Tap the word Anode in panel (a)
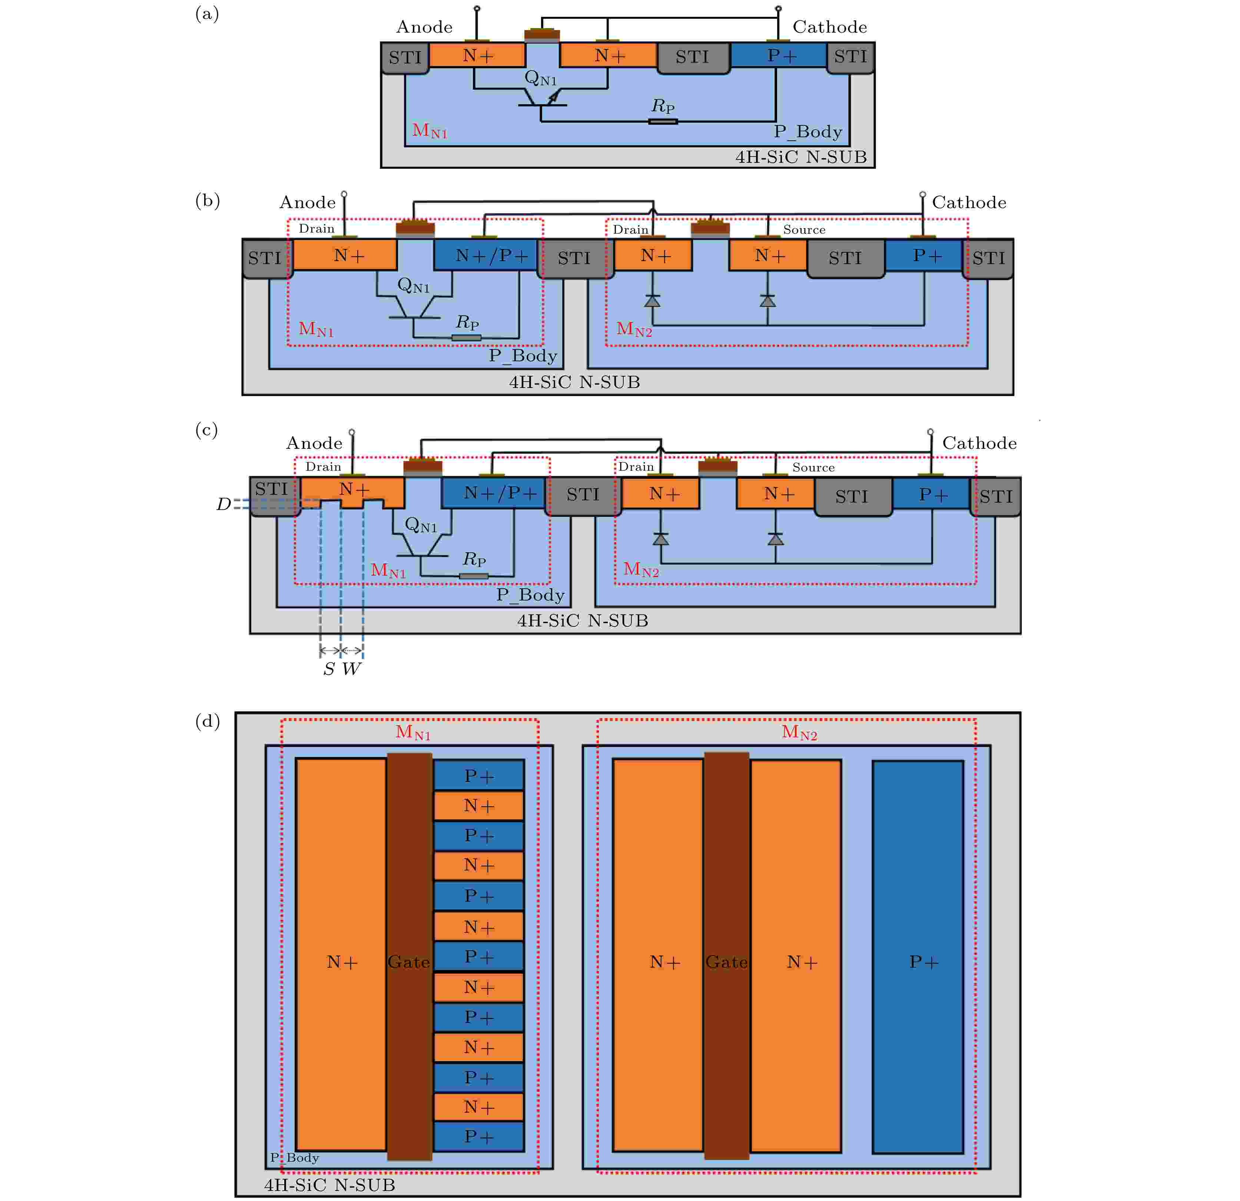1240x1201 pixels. pos(424,27)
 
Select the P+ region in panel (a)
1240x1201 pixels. pos(779,55)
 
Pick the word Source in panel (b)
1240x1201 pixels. pos(804,230)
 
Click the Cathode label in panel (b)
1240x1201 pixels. pos(969,203)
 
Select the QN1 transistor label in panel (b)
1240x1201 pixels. pos(413,286)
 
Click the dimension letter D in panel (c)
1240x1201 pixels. pos(223,504)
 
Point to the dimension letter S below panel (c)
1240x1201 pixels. pos(329,669)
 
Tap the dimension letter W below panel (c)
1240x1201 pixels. pos(351,669)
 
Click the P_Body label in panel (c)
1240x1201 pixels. pos(530,595)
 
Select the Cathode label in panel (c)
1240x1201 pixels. pos(979,443)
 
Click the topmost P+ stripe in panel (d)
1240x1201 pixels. pos(479,775)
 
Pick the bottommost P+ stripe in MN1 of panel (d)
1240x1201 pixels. pos(479,1136)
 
